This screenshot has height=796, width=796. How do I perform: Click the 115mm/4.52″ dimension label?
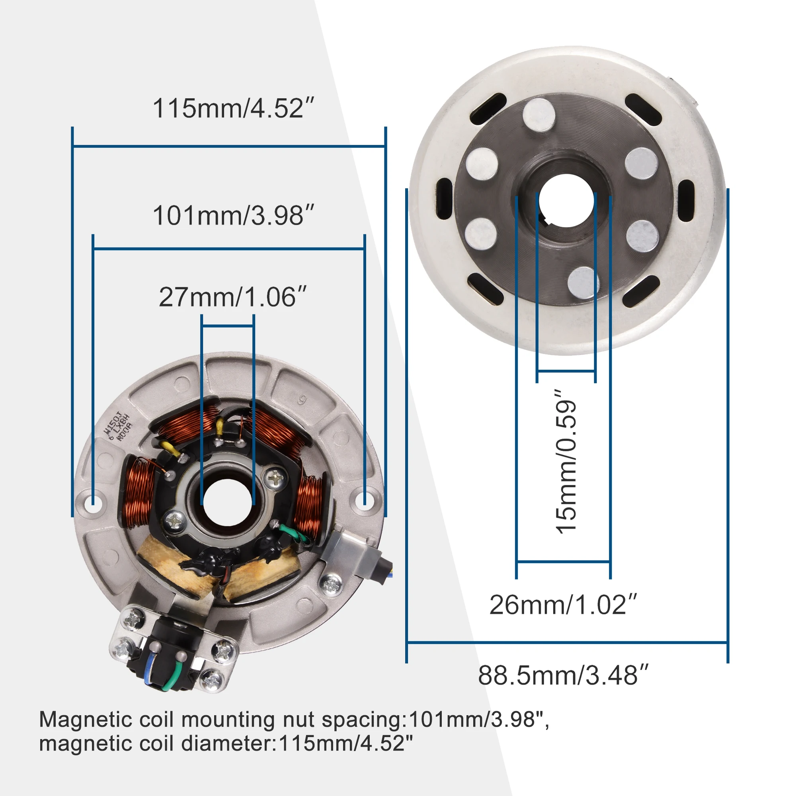[x=233, y=108]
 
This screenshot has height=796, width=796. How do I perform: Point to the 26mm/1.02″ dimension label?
[x=563, y=605]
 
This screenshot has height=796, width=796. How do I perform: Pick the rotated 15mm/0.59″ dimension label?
[x=566, y=461]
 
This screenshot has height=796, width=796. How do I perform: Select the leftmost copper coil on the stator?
[x=138, y=493]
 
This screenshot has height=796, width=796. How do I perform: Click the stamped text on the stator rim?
[x=118, y=426]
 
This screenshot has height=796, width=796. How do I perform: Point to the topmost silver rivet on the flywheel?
[x=539, y=114]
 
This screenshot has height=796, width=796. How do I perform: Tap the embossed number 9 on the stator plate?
[x=302, y=400]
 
